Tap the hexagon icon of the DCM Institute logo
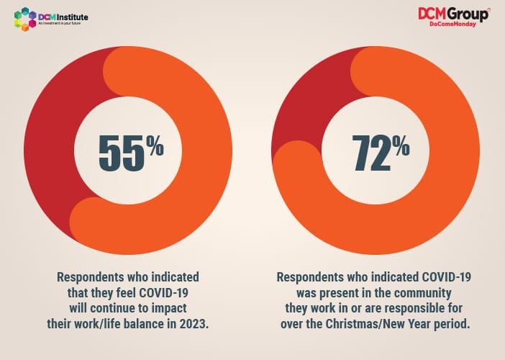click(x=25, y=19)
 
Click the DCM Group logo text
click(x=453, y=14)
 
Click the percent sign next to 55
click(x=155, y=147)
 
